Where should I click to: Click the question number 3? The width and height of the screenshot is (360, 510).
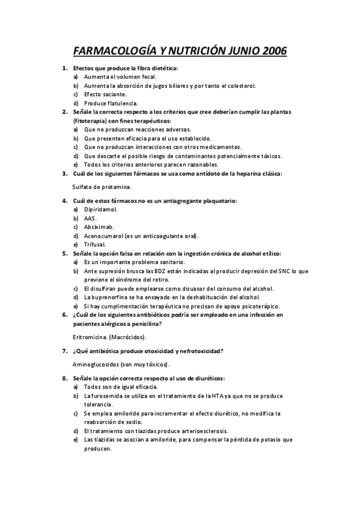click(65, 174)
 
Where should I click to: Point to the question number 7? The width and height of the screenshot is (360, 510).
click(65, 351)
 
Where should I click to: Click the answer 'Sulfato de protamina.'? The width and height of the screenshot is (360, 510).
click(102, 187)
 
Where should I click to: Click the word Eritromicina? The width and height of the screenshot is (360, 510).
click(90, 337)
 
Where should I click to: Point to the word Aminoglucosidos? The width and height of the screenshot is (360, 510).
click(96, 364)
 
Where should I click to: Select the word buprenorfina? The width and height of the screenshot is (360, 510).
click(111, 297)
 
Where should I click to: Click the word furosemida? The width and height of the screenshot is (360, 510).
click(109, 396)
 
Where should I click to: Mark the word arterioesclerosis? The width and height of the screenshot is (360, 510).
click(185, 431)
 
